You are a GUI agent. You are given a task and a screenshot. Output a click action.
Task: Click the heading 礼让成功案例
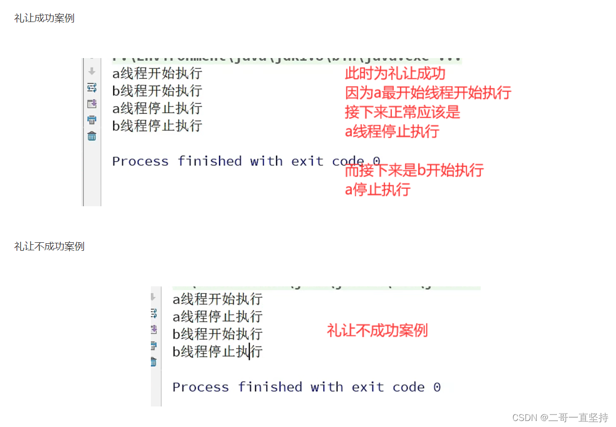point(44,19)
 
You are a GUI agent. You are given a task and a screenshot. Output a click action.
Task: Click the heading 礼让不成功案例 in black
point(49,246)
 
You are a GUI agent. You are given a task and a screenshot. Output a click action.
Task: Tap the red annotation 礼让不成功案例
point(377,330)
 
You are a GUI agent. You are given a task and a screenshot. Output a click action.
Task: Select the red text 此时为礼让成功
point(395,74)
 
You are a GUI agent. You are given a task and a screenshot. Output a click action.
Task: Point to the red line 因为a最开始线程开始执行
point(428,93)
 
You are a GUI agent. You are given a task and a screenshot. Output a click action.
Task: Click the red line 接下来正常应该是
point(402,112)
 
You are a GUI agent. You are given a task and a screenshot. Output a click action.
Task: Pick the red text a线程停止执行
point(392,132)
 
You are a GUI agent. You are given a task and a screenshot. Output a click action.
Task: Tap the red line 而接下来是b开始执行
point(414,170)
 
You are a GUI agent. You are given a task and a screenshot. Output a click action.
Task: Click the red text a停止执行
point(377,189)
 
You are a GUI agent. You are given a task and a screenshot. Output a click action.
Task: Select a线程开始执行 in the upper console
point(157,74)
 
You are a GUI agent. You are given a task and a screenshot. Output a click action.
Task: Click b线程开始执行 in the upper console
point(157,91)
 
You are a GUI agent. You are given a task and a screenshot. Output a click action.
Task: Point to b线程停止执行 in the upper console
point(157,125)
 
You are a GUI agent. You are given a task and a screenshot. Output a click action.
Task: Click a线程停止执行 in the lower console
point(217,316)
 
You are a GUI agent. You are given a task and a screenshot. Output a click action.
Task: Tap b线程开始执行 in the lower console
point(217,334)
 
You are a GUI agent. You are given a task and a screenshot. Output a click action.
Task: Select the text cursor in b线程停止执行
point(249,351)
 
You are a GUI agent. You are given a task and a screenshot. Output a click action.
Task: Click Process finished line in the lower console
point(306,387)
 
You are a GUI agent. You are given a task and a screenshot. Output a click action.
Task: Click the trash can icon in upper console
point(92,136)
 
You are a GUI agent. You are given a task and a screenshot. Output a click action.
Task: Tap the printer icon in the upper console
point(92,120)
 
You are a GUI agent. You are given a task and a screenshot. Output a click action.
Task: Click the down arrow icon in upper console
point(92,71)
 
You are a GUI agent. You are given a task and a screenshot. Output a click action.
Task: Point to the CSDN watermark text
point(560,417)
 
